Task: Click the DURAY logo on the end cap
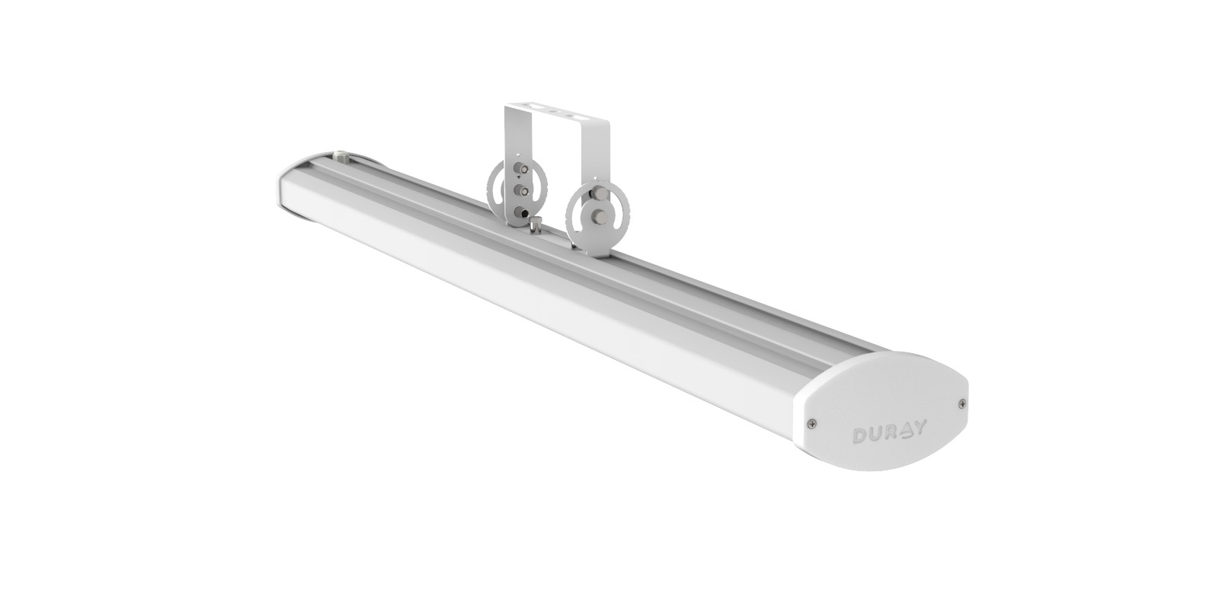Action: tap(888, 432)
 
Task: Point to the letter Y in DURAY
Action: tap(918, 427)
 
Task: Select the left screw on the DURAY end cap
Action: tap(812, 422)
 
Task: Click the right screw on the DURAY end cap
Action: tap(962, 403)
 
